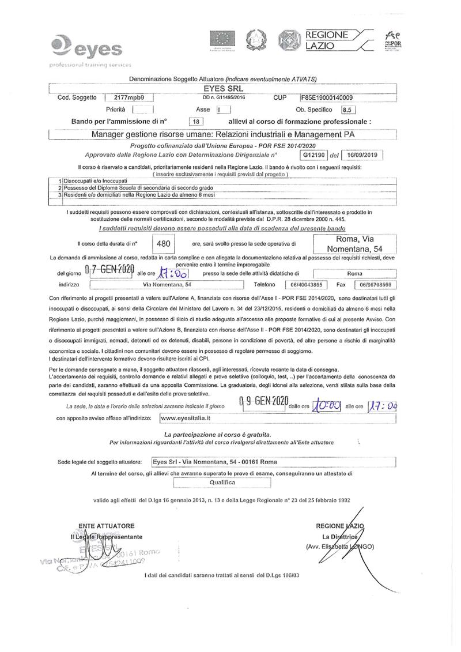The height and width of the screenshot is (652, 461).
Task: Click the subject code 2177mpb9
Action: coord(129,98)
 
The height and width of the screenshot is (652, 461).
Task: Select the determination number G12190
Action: coord(314,155)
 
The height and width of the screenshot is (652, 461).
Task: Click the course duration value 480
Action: coord(164,244)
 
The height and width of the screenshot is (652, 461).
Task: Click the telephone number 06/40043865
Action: coord(306,285)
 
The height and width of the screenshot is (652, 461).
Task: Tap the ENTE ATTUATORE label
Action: coord(108,525)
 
